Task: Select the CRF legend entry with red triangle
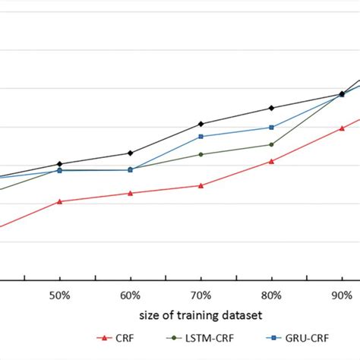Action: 114,339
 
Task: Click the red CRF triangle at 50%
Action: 60,201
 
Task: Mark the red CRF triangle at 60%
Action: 131,193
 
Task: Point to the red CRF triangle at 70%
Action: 201,185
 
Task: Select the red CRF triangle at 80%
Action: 272,161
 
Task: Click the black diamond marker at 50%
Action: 60,164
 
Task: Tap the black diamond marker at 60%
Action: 131,153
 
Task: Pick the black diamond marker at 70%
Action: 201,123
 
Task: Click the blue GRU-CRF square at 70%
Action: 201,136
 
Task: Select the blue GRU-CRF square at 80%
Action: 272,127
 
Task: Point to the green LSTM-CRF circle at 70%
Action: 201,154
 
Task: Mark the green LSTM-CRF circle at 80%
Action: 272,144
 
